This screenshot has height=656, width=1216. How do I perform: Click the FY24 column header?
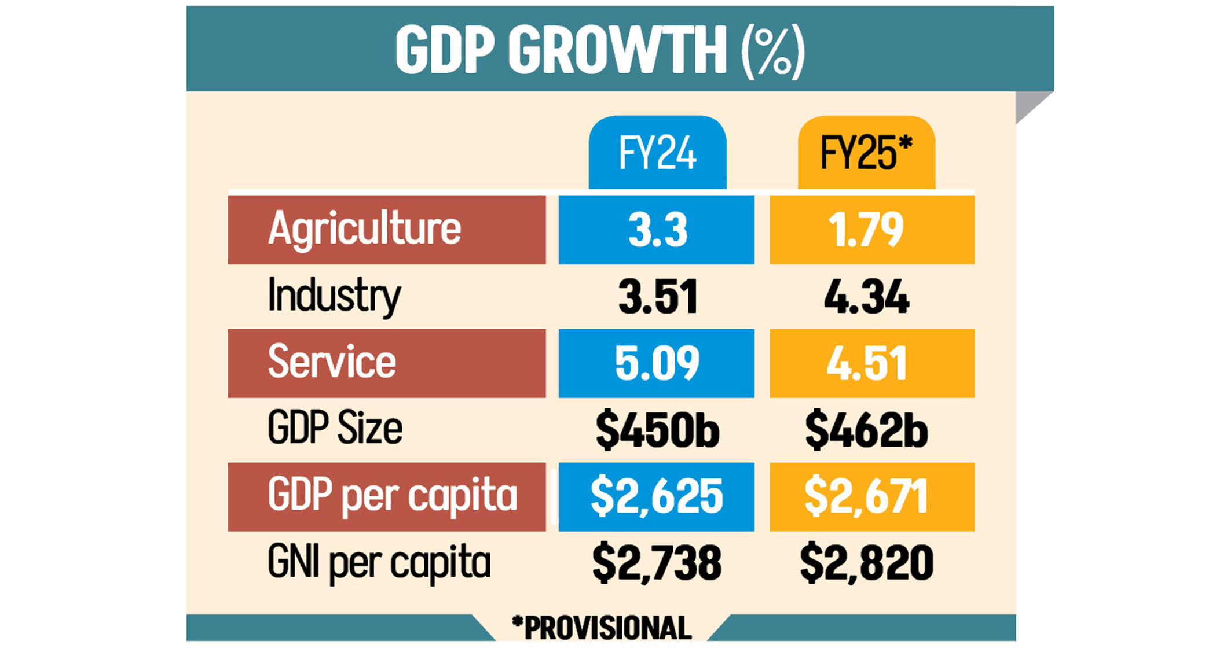[x=657, y=153]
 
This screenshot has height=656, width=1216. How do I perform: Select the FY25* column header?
[x=866, y=153]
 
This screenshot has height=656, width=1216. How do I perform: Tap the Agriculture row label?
[x=365, y=230]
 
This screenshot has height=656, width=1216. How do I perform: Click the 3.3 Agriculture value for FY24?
[x=657, y=230]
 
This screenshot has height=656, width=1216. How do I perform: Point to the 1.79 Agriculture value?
[x=866, y=230]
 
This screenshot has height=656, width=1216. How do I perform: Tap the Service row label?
[x=332, y=363]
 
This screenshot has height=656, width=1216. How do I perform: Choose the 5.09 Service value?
[x=657, y=363]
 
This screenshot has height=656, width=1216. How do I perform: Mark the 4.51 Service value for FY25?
[x=866, y=363]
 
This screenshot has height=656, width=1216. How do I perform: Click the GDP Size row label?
[x=335, y=429]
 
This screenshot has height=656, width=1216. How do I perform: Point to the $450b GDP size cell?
[x=657, y=430]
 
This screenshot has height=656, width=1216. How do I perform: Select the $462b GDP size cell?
[x=866, y=430]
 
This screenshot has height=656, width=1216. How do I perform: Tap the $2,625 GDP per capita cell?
[x=657, y=496]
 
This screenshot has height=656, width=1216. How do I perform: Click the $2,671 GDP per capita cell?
[x=866, y=496]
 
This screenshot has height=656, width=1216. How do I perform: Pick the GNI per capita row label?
[x=379, y=563]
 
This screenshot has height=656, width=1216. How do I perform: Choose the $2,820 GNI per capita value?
[x=866, y=563]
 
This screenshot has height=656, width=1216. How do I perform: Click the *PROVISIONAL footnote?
[x=602, y=628]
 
